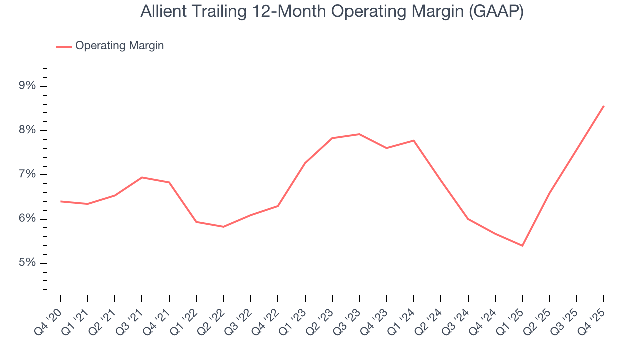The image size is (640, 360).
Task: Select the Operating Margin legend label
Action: click(119, 46)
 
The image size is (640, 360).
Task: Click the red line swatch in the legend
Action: click(64, 46)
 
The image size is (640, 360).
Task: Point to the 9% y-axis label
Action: click(27, 86)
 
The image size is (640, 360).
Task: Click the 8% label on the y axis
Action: click(27, 130)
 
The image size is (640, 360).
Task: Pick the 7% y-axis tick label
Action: click(27, 174)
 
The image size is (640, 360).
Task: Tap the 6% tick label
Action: click(27, 219)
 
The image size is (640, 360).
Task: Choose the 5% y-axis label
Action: click(27, 263)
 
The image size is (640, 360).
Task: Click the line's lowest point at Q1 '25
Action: click(522, 246)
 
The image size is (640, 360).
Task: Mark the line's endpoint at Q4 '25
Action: click(604, 106)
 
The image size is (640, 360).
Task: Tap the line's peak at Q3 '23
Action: click(359, 134)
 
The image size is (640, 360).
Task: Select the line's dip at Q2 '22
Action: click(223, 227)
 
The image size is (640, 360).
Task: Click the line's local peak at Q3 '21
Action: click(142, 177)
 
